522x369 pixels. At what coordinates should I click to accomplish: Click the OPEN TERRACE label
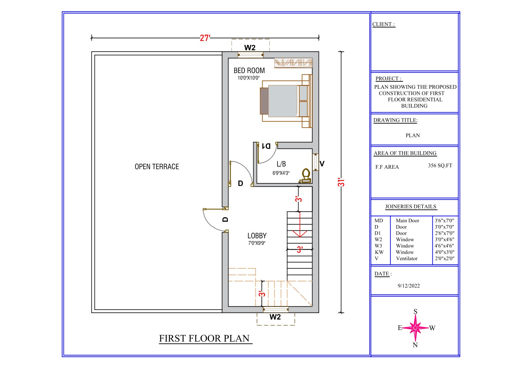coord(157,167)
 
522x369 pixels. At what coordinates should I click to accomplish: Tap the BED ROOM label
coord(249,70)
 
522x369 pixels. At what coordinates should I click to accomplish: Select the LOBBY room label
coord(257,235)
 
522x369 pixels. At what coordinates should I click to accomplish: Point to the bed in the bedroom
coord(286,101)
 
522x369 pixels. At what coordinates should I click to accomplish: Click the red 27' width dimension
coord(205,38)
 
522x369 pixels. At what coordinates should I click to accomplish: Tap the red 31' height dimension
coord(341,182)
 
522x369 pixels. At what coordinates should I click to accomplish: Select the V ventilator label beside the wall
coord(322,164)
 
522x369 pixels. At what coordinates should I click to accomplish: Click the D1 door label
coord(266,146)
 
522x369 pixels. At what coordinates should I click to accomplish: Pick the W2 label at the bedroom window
coord(250,47)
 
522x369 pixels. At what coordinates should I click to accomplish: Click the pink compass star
coord(415,328)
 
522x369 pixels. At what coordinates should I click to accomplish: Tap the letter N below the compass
coord(415,345)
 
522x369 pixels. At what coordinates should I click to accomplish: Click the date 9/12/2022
coord(409,286)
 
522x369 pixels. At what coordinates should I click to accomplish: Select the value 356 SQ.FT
coord(440,166)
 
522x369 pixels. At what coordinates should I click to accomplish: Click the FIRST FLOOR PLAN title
coord(204,338)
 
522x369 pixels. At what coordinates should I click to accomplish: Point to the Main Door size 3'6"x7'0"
coord(444,220)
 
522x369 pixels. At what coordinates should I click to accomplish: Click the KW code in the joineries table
coord(379,252)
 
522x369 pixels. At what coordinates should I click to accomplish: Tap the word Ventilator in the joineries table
coord(407,258)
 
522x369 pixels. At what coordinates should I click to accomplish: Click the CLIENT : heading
coord(383,24)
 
